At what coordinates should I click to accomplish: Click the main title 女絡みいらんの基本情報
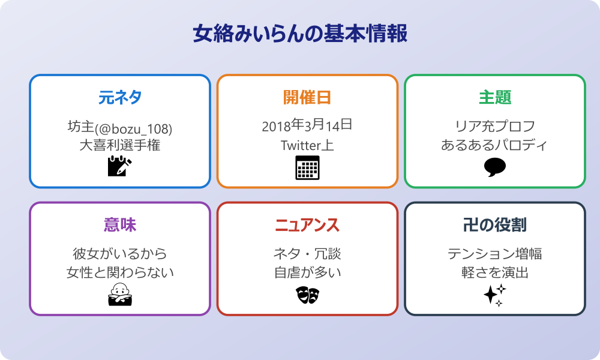300,34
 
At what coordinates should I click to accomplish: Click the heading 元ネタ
119,97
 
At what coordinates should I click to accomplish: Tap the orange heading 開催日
307,97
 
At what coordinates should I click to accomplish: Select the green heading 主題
494,97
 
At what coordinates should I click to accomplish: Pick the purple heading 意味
119,225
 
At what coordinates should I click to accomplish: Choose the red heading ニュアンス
307,225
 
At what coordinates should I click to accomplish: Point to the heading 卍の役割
494,225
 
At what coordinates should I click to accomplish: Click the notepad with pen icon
119,166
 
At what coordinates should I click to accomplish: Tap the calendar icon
307,167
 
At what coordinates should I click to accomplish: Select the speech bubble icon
494,167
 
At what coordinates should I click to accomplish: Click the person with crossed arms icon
119,294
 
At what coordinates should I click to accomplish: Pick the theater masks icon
307,294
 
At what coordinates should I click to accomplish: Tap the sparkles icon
494,295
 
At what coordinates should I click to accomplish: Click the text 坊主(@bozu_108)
119,127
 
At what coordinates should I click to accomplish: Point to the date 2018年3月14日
307,126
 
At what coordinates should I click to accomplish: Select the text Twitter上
307,145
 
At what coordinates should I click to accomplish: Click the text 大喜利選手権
119,145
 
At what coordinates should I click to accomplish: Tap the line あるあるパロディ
494,145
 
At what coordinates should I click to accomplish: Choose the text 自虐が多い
307,273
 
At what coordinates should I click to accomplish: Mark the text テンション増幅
494,254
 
